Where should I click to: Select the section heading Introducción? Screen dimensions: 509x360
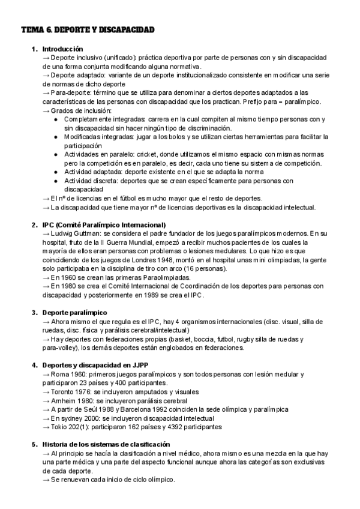tap(63, 49)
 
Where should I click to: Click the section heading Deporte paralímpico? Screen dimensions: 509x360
tap(75, 313)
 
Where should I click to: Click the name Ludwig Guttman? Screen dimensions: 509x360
tap(76, 233)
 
